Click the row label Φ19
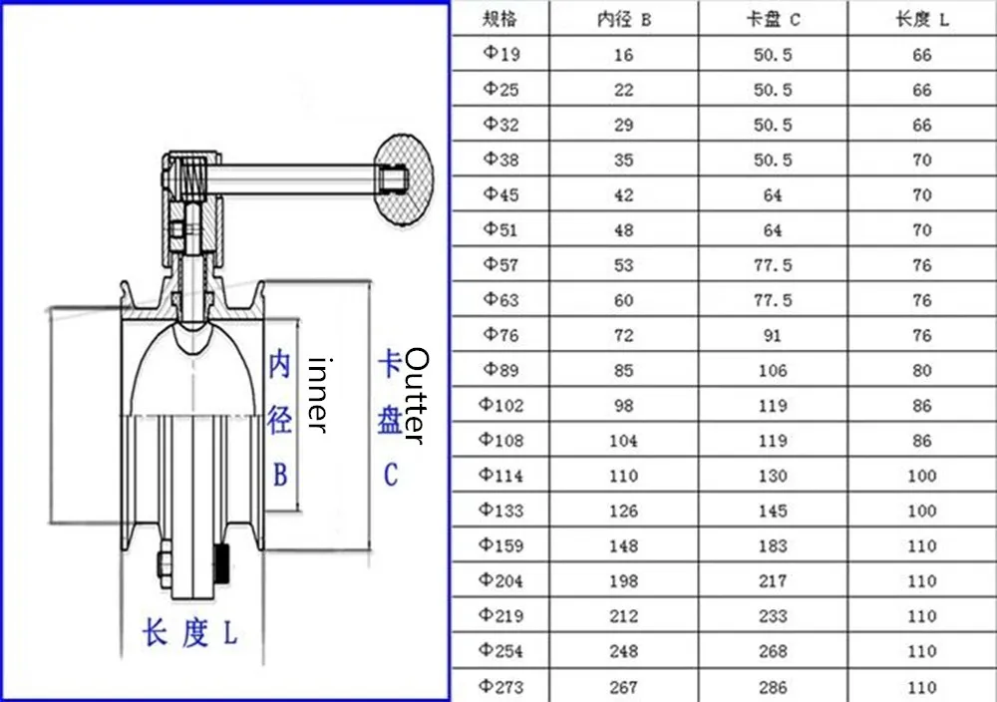tap(500, 54)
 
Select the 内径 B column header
tap(623, 19)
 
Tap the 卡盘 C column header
tap(773, 19)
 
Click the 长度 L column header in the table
tap(921, 19)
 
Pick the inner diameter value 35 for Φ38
tap(623, 160)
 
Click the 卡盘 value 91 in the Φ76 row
tap(773, 335)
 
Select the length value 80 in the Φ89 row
tap(921, 370)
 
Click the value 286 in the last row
tap(773, 686)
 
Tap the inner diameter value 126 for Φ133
tap(623, 511)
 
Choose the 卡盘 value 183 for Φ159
tap(773, 545)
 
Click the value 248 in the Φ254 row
tap(623, 651)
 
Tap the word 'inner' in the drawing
tap(317, 395)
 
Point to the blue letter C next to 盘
tap(391, 475)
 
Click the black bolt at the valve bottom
tap(222, 565)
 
